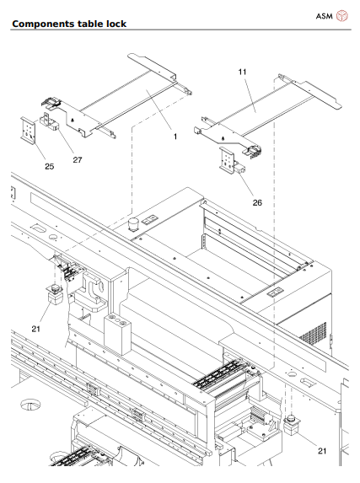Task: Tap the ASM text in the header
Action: pos(323,16)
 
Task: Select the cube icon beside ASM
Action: pos(341,16)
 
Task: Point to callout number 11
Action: pos(242,74)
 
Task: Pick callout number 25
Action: pos(49,166)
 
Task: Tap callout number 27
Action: pos(77,159)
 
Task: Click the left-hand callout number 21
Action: pos(35,329)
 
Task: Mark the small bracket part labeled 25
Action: pos(29,131)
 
